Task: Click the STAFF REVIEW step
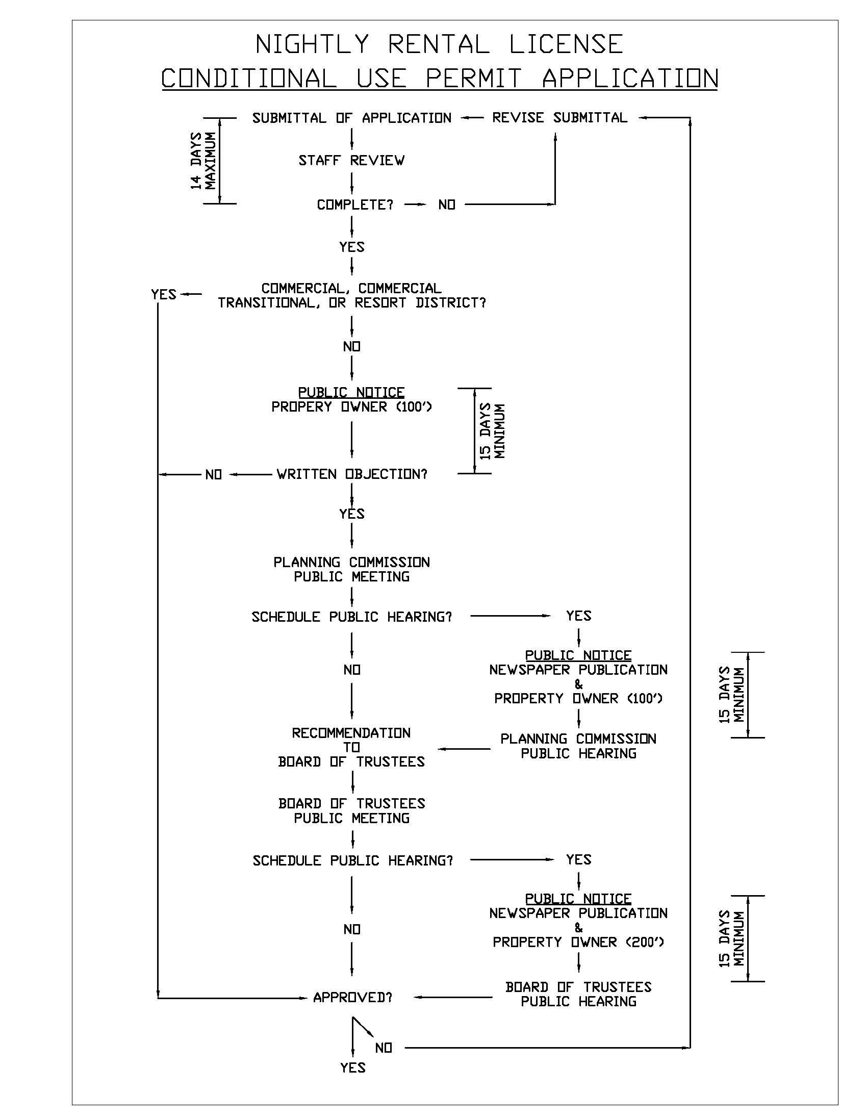tap(351, 161)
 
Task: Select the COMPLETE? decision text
tap(354, 205)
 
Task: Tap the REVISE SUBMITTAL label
tap(559, 118)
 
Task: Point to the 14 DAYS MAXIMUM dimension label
tap(203, 161)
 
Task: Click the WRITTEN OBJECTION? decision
tap(351, 474)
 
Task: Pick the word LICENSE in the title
tap(566, 44)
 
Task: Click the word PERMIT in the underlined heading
tap(473, 79)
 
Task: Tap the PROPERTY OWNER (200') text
tap(578, 942)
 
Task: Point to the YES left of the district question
tap(164, 295)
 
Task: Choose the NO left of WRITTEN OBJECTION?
tap(213, 475)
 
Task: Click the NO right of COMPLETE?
tap(446, 205)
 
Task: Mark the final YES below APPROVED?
tap(352, 1068)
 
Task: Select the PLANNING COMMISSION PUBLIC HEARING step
tap(578, 746)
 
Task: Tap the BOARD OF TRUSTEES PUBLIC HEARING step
tap(578, 994)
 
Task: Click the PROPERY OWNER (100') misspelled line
tap(351, 407)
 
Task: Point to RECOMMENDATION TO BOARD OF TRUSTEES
tap(351, 747)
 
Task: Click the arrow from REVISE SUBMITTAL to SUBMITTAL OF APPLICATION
tap(471, 118)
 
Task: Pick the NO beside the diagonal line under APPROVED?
tap(384, 1048)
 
